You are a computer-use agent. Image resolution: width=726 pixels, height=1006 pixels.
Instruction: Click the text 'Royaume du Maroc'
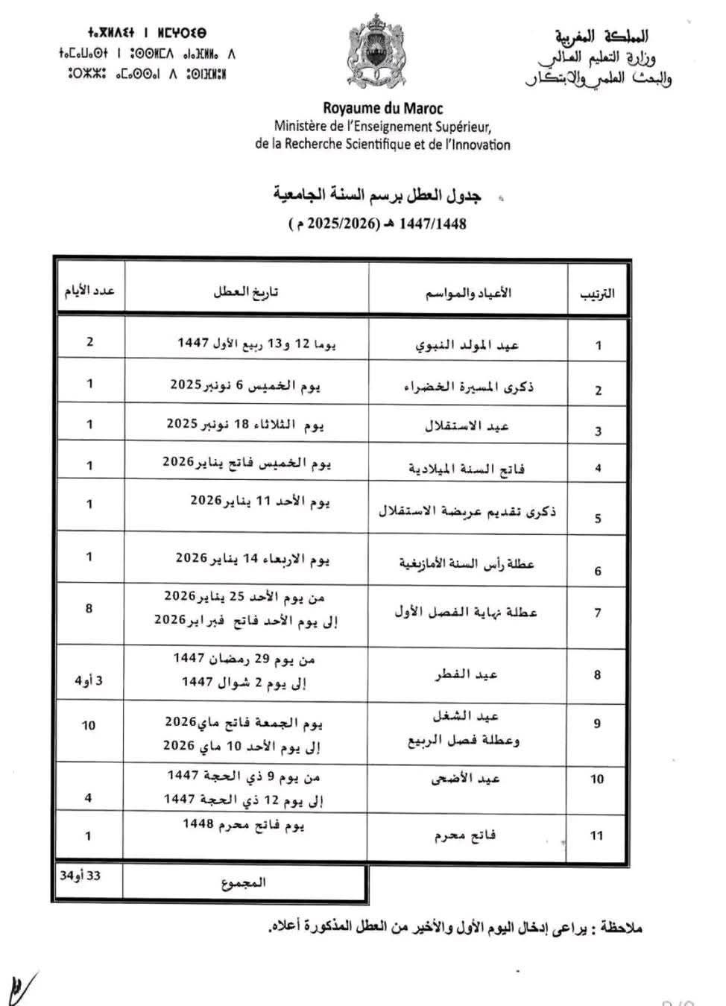tap(382, 109)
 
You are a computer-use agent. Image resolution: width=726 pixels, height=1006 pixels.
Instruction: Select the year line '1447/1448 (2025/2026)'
tap(377, 224)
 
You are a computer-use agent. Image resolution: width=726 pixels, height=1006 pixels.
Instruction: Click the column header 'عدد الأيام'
tap(89, 291)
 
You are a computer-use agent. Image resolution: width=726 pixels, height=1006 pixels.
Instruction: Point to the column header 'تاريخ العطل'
tap(245, 292)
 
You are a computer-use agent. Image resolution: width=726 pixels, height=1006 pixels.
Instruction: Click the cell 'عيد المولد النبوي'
tap(467, 345)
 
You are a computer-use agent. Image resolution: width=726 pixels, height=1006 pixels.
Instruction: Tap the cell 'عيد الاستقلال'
tap(467, 426)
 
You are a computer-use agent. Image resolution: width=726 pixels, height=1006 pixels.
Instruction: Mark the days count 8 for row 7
tap(89, 608)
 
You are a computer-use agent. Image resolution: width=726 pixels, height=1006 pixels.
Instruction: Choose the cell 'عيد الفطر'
tap(467, 674)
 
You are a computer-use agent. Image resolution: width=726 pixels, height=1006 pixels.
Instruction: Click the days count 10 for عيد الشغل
tap(89, 725)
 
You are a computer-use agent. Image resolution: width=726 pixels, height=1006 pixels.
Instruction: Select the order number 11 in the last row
tap(596, 835)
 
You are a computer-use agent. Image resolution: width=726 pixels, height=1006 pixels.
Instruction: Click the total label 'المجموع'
tap(244, 883)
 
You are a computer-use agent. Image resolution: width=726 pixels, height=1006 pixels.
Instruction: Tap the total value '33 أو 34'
tap(81, 876)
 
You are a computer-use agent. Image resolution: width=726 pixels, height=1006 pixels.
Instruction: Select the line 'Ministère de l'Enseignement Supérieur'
tap(382, 127)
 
